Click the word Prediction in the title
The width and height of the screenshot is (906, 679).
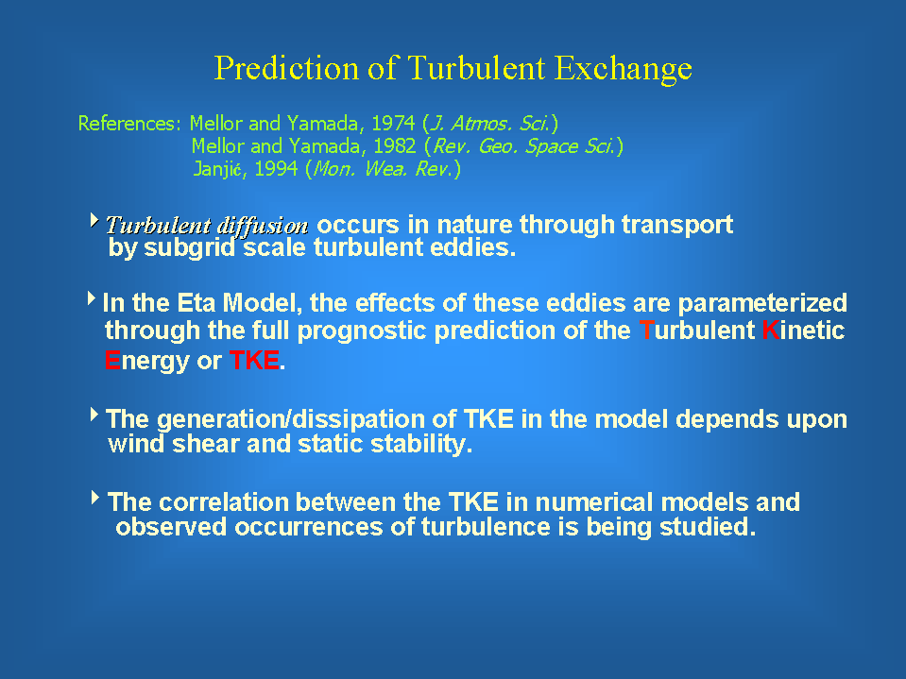point(286,68)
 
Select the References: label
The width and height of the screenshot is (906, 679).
point(129,123)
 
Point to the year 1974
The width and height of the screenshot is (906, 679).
point(393,123)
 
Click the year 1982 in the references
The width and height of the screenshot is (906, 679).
point(394,146)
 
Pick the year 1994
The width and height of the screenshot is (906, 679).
point(276,169)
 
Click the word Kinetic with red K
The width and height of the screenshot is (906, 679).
point(803,331)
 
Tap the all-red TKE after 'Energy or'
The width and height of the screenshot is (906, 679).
point(254,361)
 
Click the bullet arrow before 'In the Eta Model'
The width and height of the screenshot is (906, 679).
point(92,298)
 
